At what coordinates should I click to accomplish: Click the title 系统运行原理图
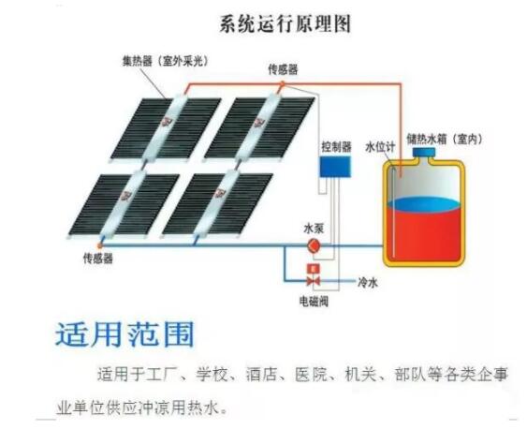click(x=285, y=24)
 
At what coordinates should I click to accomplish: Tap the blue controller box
click(x=335, y=167)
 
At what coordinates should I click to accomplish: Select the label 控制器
click(x=336, y=146)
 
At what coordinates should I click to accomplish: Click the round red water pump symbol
click(x=315, y=246)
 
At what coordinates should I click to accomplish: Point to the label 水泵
click(x=314, y=229)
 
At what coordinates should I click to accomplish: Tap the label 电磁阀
click(x=314, y=302)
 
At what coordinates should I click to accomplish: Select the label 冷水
click(x=368, y=283)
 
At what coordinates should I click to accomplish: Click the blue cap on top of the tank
click(x=424, y=153)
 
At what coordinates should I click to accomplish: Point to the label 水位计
click(x=380, y=147)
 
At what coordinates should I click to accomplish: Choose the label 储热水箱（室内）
click(x=445, y=139)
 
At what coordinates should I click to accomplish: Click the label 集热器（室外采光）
click(x=165, y=61)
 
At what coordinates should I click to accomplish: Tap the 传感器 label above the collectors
click(x=283, y=69)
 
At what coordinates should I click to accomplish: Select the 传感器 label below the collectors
click(x=98, y=259)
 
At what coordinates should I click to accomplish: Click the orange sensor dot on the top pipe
click(x=283, y=83)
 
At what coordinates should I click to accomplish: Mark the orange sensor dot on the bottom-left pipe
click(x=99, y=246)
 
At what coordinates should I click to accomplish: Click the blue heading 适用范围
click(x=124, y=334)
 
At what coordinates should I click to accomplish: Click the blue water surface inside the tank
click(x=423, y=204)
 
